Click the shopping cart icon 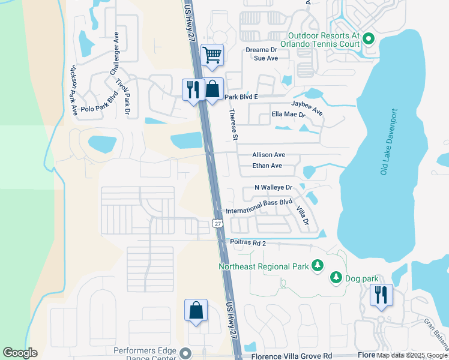pos(211,55)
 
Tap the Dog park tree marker pos(336,278)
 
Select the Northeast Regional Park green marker pos(316,266)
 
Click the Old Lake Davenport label pos(389,142)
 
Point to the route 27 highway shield pos(217,223)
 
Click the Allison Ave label pos(268,155)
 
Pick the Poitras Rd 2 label pos(248,243)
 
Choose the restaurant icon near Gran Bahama pos(381,295)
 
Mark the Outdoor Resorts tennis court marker pos(368,40)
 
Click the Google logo pos(20,352)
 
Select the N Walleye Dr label pos(273,188)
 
